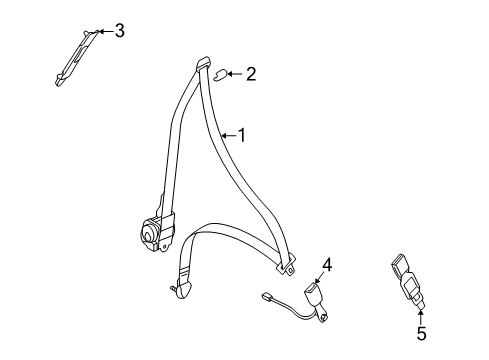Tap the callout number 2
tap(250, 72)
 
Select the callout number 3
tap(119, 30)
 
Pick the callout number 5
tap(420, 334)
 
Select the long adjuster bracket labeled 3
tap(75, 59)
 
